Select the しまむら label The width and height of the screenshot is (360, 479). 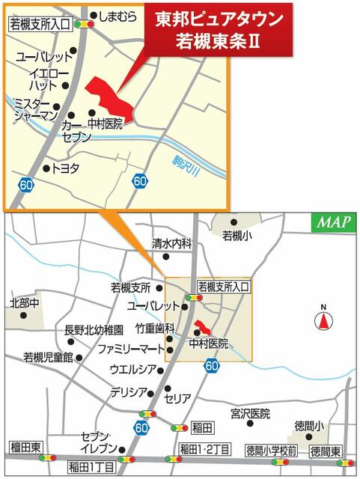coord(121,15)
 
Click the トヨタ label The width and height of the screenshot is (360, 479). coord(65,168)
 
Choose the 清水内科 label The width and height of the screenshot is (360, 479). coord(172,243)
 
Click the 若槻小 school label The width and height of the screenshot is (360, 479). coord(238,236)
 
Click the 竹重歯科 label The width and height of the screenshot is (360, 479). coord(155,329)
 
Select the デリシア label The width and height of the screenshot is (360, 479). coord(127,391)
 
